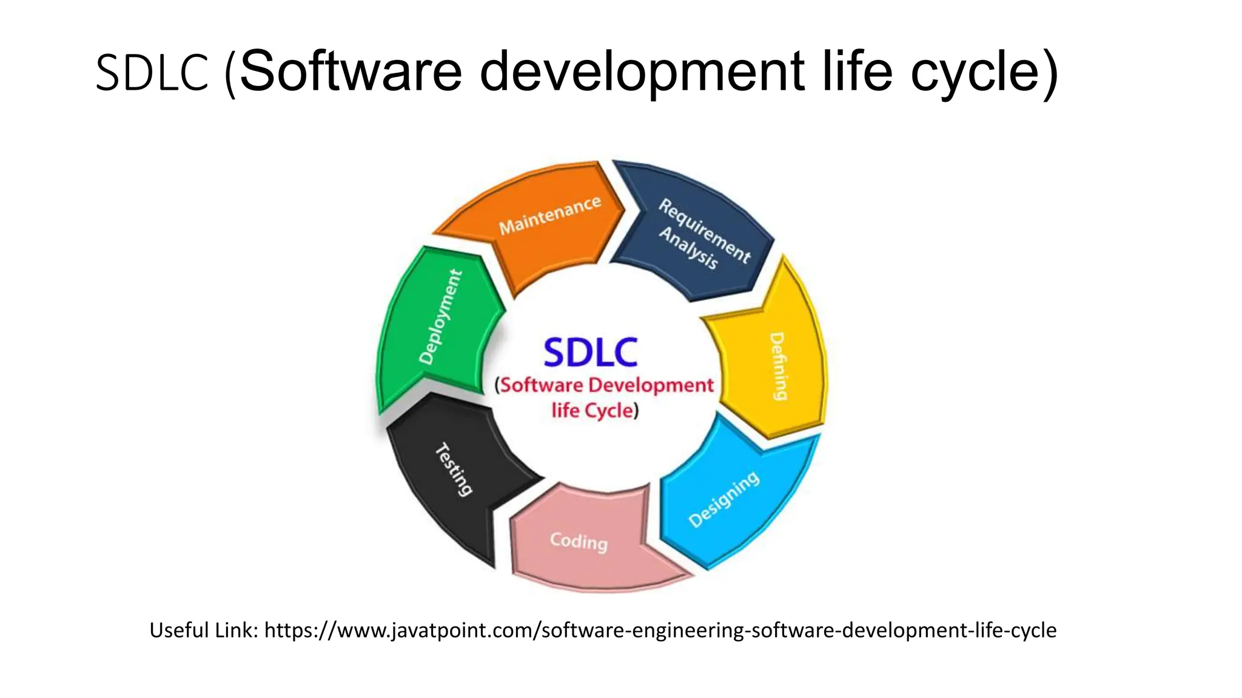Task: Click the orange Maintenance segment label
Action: tap(549, 215)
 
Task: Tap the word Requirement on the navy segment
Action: tap(705, 231)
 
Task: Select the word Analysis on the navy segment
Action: tap(689, 247)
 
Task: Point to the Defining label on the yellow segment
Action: tap(779, 366)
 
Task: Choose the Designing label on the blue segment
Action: tap(724, 499)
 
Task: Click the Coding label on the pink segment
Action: tap(579, 540)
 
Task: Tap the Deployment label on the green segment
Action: tap(441, 317)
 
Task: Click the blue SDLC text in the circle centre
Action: tap(590, 353)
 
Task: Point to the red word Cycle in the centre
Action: tap(609, 411)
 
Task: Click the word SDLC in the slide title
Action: tap(152, 73)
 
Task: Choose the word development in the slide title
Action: tap(642, 73)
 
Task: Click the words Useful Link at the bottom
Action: tap(204, 630)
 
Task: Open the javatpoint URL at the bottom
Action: tap(660, 630)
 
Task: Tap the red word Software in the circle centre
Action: tap(541, 385)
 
